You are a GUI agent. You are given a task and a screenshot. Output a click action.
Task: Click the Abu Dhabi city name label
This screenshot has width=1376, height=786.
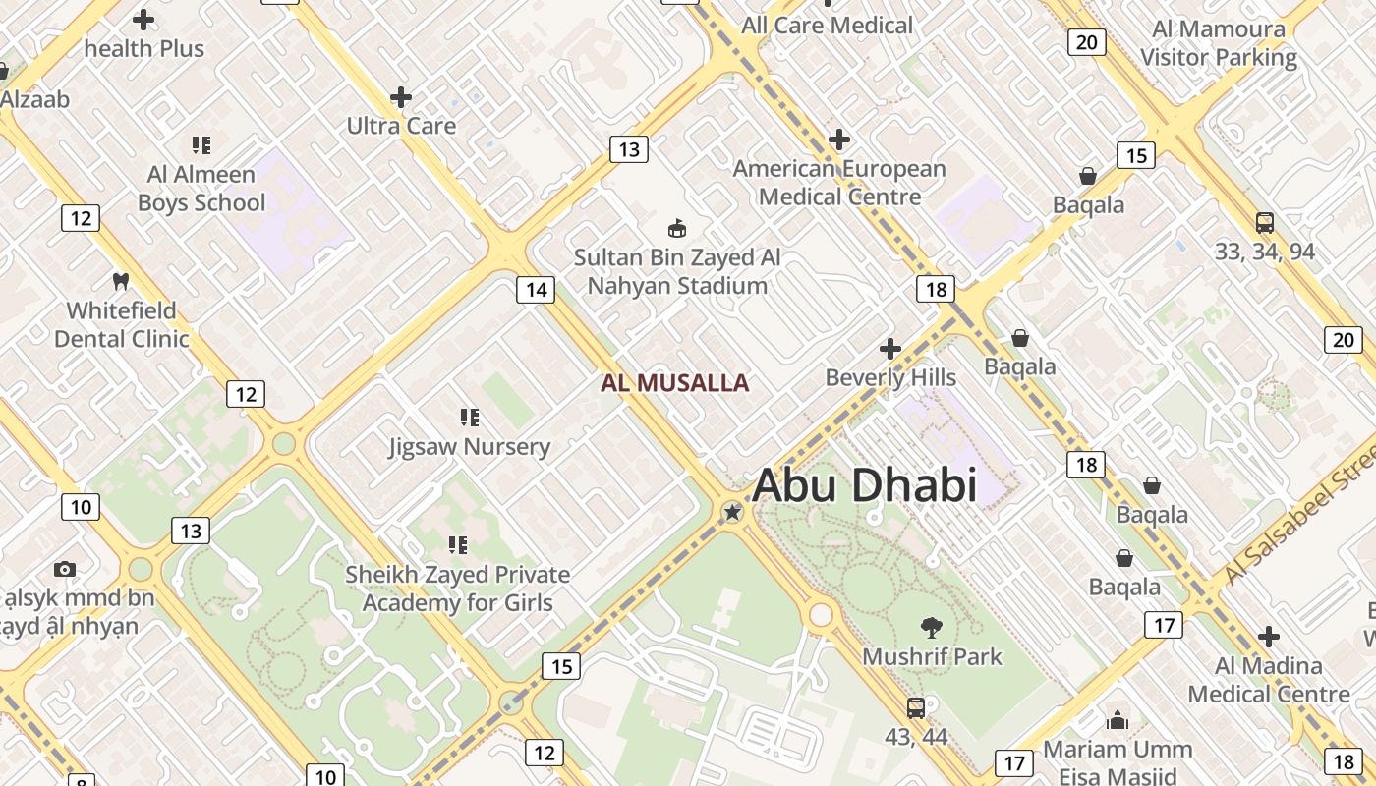click(864, 485)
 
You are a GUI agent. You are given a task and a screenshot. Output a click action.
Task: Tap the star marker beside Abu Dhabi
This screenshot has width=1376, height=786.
click(732, 512)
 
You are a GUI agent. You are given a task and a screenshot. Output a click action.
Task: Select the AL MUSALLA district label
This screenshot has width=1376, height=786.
click(674, 383)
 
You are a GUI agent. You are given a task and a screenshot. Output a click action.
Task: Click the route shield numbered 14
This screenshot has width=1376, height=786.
click(536, 289)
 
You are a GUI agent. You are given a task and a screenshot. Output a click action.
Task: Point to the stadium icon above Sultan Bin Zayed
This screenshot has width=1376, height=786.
click(676, 229)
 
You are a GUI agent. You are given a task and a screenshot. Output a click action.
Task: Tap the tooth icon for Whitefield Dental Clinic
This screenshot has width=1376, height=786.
click(121, 281)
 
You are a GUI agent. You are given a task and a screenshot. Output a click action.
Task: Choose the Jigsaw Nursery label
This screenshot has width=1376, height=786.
click(469, 447)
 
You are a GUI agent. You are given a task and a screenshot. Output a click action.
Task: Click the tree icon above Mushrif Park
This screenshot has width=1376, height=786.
click(931, 627)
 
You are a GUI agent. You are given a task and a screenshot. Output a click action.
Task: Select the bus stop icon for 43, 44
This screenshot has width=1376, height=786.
click(915, 707)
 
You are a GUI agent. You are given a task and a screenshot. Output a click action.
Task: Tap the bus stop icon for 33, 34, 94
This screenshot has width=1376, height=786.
click(1264, 223)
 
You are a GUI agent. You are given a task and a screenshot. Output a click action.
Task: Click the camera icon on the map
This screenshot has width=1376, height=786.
click(65, 569)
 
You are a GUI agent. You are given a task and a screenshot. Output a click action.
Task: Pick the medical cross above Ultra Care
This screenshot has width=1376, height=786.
click(401, 97)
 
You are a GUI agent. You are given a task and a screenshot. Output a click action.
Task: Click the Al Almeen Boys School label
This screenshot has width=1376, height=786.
click(201, 189)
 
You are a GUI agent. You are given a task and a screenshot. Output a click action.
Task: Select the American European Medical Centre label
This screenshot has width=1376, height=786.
click(839, 183)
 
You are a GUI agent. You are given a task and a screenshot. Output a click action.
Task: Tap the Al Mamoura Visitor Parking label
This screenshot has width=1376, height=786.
click(1219, 43)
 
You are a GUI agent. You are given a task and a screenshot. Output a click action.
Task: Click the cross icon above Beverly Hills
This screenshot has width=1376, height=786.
click(889, 349)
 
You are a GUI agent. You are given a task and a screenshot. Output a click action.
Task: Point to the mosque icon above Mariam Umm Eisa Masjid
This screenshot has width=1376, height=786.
click(1117, 720)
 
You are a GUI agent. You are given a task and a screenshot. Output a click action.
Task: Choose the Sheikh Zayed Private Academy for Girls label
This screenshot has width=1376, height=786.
click(457, 589)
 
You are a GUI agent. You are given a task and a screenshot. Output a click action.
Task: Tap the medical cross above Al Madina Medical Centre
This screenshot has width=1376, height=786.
click(1269, 637)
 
